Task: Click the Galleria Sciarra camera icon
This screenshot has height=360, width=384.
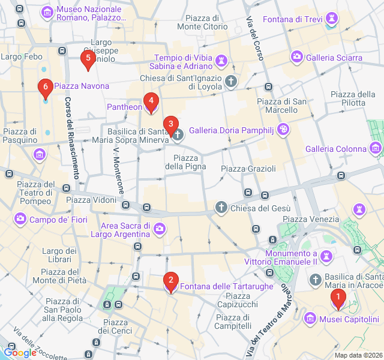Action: coord(296,58)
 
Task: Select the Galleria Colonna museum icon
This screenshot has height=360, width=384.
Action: coord(376,148)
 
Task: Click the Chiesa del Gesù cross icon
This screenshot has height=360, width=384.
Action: coord(221,208)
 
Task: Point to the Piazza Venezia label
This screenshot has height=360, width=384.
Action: coord(307,220)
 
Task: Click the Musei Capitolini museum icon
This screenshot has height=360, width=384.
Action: coord(310,318)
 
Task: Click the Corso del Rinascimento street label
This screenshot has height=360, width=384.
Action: coord(71,138)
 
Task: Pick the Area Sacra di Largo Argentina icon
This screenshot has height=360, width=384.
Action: coord(160,229)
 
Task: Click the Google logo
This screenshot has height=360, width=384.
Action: coord(20,353)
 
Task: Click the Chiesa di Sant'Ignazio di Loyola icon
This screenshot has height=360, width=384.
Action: coord(231,80)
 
